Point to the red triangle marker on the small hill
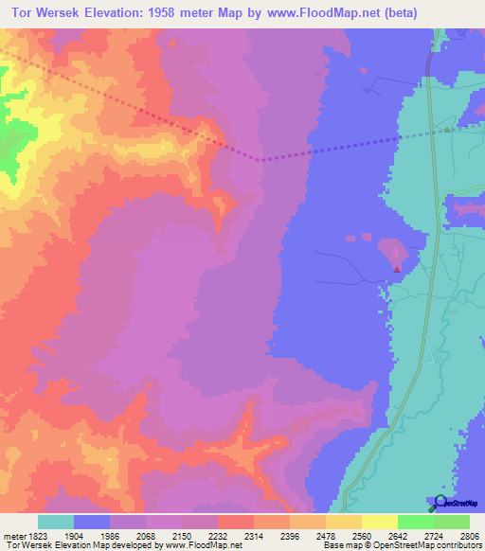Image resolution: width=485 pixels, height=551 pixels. tap(396, 269)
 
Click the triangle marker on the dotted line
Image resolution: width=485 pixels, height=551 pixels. tap(447, 130)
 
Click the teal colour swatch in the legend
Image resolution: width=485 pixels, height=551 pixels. tap(56, 522)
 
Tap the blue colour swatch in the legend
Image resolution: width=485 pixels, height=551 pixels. tap(92, 522)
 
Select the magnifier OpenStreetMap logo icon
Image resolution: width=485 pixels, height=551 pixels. tap(438, 503)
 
